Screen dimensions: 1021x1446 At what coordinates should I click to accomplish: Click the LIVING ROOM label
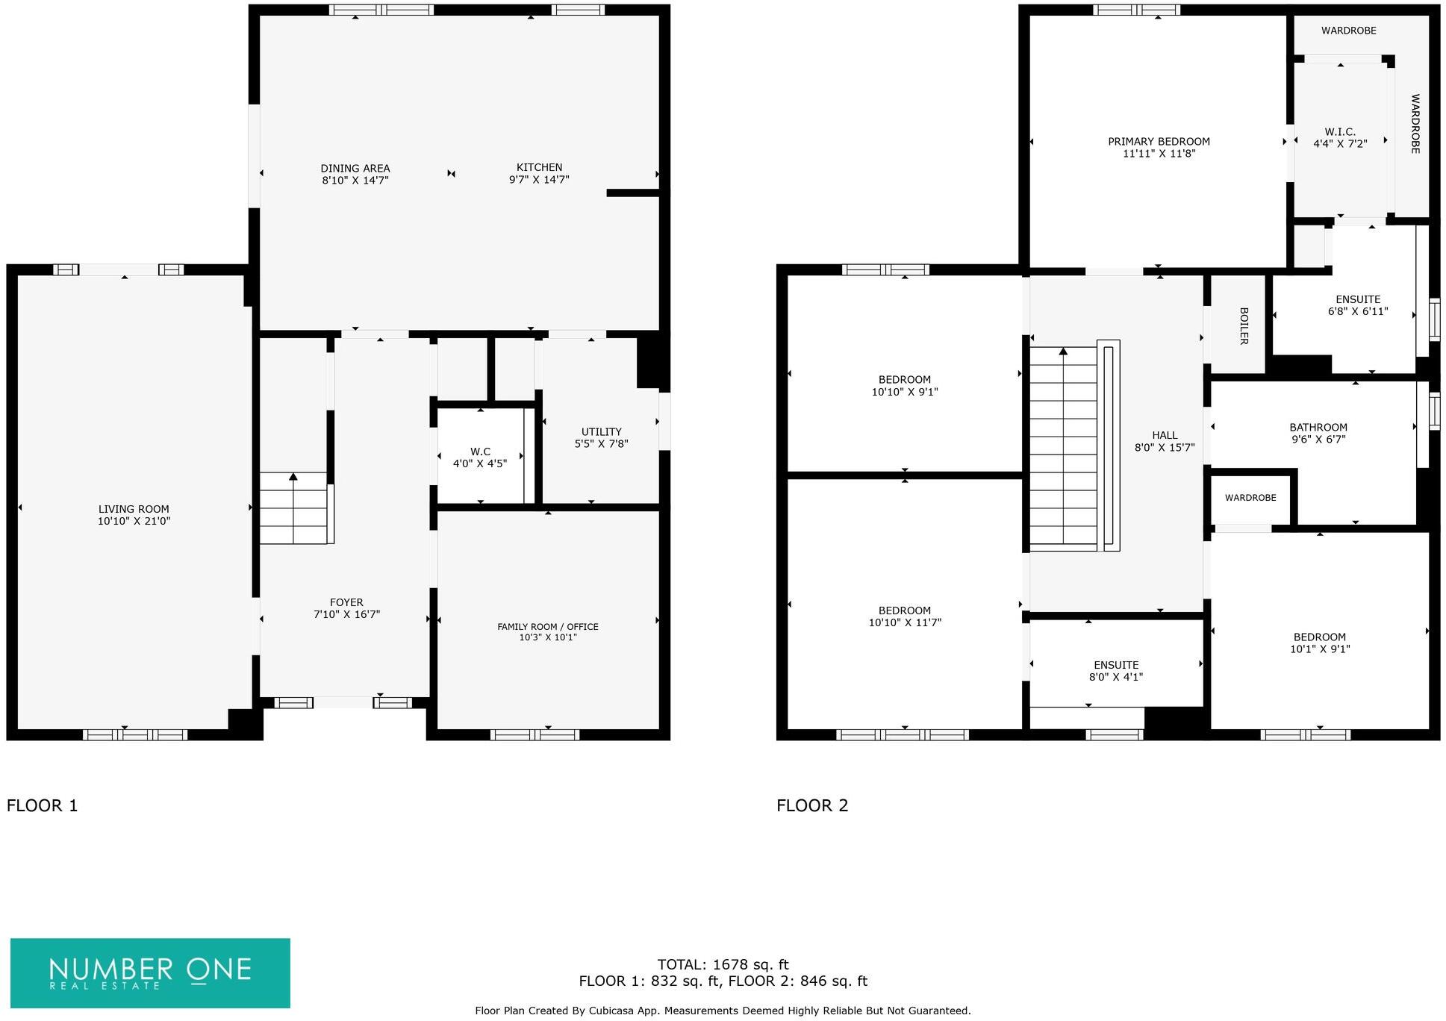point(134,509)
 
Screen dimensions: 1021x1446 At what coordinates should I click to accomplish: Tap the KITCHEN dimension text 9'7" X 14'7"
point(539,180)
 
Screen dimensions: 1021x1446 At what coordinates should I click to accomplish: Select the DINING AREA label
point(355,169)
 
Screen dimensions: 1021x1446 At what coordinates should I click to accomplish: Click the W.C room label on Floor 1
point(480,452)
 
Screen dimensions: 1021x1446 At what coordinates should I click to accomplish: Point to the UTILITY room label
point(601,431)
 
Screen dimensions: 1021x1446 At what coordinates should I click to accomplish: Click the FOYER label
point(346,602)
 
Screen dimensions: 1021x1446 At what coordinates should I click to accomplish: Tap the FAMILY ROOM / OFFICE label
point(548,627)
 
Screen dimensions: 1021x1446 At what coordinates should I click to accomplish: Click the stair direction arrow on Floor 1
point(293,476)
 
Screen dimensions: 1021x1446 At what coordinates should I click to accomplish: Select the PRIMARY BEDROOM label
point(1159,142)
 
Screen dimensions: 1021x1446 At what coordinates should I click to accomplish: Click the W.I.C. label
point(1340,132)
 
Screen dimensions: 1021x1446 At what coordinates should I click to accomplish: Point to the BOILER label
point(1243,326)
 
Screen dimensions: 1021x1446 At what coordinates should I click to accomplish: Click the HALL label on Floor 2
point(1165,435)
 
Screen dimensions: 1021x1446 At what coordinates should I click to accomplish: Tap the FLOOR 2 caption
point(812,805)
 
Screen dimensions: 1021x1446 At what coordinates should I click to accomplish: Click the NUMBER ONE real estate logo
point(150,972)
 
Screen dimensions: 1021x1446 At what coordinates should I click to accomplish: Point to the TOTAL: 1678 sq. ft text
point(723,964)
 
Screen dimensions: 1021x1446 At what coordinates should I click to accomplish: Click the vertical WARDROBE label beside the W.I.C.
point(1414,124)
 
